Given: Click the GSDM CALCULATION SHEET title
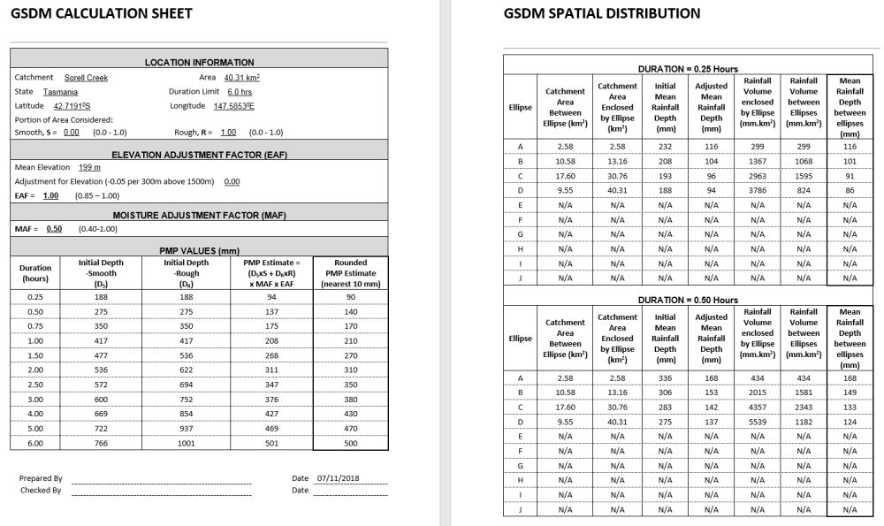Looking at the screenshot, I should [102, 13].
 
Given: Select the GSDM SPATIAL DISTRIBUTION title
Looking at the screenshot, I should [602, 13].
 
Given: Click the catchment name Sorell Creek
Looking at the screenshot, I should [87, 78].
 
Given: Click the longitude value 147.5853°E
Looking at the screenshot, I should [234, 106].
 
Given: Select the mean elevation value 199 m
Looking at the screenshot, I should [89, 167].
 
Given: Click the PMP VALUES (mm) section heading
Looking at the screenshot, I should [199, 251].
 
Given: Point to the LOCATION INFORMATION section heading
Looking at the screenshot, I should [199, 63].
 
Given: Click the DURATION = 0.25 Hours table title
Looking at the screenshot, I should [688, 69].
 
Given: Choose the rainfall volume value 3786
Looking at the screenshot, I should [757, 189].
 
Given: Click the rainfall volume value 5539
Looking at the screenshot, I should [757, 423].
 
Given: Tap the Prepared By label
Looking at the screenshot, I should [41, 478].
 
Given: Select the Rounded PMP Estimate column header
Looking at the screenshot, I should [350, 273].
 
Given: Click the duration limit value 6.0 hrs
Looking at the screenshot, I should [240, 92].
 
